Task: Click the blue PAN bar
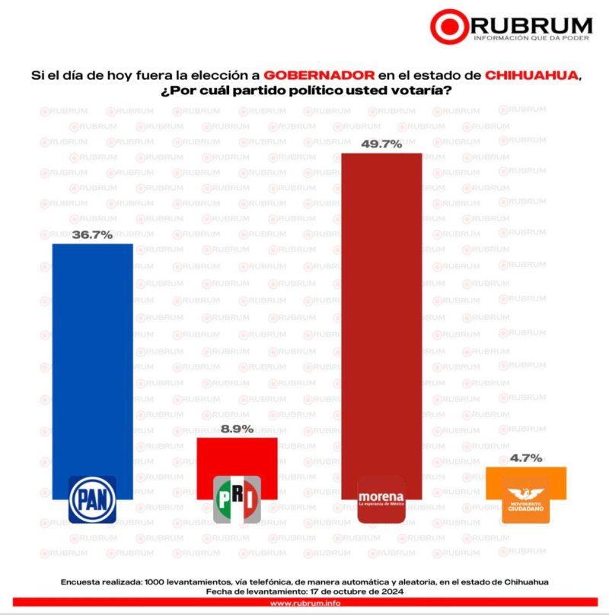point(92,357)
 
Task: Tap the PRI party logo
point(237,499)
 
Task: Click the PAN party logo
point(92,499)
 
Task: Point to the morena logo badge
point(381,499)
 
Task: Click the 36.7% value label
point(92,235)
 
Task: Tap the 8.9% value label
point(237,429)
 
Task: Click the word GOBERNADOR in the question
point(319,76)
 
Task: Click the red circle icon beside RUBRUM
point(449,27)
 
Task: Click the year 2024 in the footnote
point(389,591)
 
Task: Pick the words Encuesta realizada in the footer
point(104,582)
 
